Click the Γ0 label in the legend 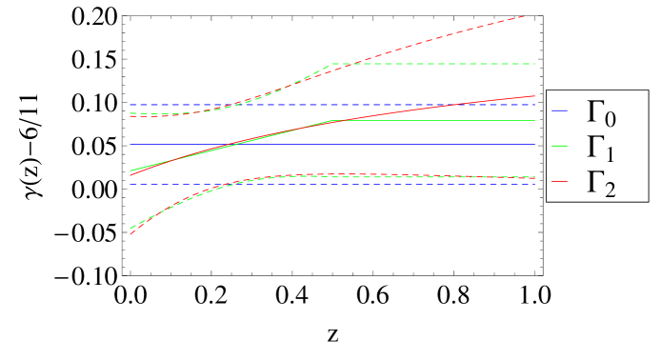(x=599, y=113)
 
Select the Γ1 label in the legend (x=599, y=148)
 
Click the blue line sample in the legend (x=559, y=111)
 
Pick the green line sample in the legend (x=559, y=146)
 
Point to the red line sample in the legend (x=559, y=179)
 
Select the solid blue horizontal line (x=286, y=144)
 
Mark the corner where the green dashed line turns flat (x=331, y=64)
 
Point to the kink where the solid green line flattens (x=329, y=121)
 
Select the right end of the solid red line (x=535, y=96)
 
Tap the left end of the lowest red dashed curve (x=130, y=233)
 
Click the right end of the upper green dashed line (x=535, y=64)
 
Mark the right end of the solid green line (x=535, y=121)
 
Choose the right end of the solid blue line (x=535, y=144)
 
